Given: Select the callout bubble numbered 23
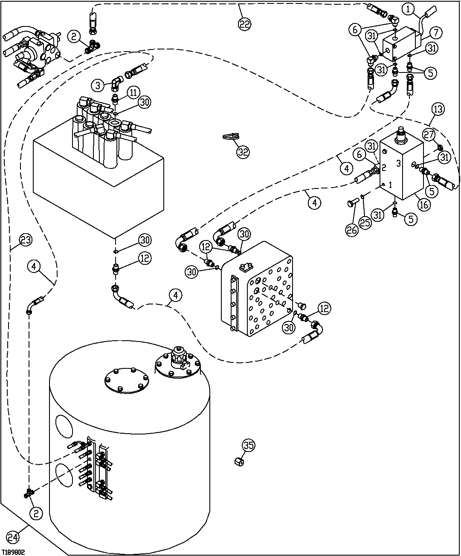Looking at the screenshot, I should pos(25,240).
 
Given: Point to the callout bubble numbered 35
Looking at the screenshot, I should pos(249,446).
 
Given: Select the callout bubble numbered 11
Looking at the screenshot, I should pos(133,92).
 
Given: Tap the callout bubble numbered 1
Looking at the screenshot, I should pos(409,8).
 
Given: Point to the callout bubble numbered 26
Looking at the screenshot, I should pos(352,229).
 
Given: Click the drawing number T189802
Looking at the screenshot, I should pos(14,552).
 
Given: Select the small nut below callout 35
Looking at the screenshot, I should pos(240,462).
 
